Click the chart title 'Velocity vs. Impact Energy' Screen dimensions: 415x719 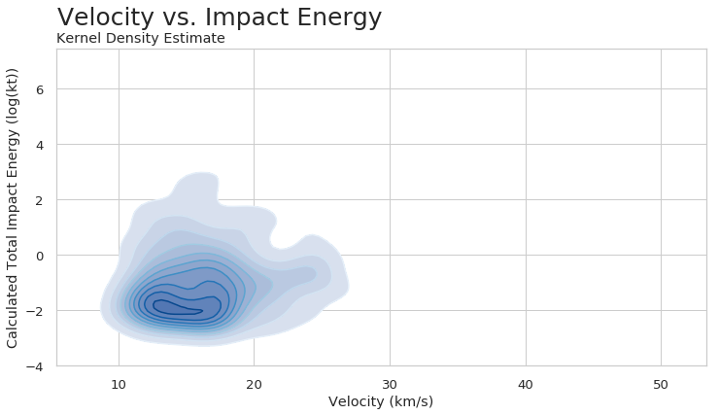click(x=220, y=17)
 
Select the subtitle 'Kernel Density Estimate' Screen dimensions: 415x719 click(x=141, y=39)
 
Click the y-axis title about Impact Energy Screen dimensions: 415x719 click(x=13, y=208)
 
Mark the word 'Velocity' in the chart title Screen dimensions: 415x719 click(x=104, y=17)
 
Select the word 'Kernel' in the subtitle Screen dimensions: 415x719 click(x=80, y=39)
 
